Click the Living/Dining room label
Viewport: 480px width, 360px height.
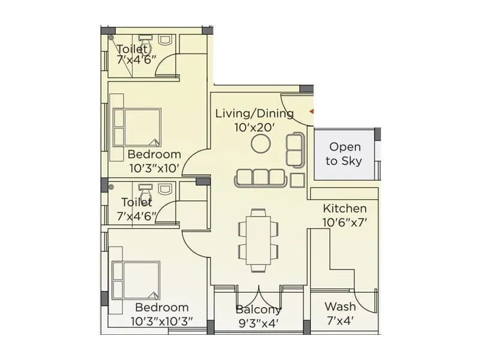pyautogui.click(x=254, y=113)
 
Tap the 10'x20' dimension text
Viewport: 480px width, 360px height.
pyautogui.click(x=254, y=127)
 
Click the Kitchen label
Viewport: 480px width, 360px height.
pyautogui.click(x=345, y=208)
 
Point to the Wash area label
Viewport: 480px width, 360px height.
pyautogui.click(x=340, y=307)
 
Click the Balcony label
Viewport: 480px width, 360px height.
pyautogui.click(x=258, y=310)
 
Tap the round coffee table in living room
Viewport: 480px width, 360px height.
pyautogui.click(x=260, y=143)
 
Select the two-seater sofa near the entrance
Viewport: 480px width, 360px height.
pyautogui.click(x=295, y=150)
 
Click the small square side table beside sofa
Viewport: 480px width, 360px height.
pyautogui.click(x=297, y=179)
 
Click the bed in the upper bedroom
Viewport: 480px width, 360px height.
pyautogui.click(x=137, y=127)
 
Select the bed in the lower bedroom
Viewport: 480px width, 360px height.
pyautogui.click(x=137, y=280)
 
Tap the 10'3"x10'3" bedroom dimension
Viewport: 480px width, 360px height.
pyautogui.click(x=161, y=321)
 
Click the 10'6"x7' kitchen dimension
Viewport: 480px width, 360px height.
pyautogui.click(x=345, y=222)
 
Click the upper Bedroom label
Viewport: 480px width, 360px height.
pyautogui.click(x=154, y=154)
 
